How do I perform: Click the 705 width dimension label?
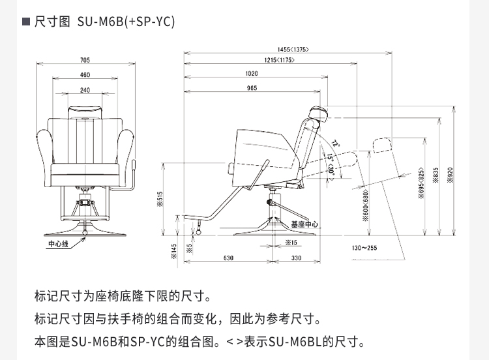(85, 61)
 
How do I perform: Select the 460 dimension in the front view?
(85, 76)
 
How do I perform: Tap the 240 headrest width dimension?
(85, 90)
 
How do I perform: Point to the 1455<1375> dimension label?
(293, 50)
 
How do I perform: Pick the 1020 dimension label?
(252, 74)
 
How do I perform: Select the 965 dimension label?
(252, 89)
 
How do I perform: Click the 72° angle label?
(336, 143)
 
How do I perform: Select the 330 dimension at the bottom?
(296, 258)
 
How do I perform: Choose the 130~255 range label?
(364, 248)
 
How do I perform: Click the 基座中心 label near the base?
(304, 224)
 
